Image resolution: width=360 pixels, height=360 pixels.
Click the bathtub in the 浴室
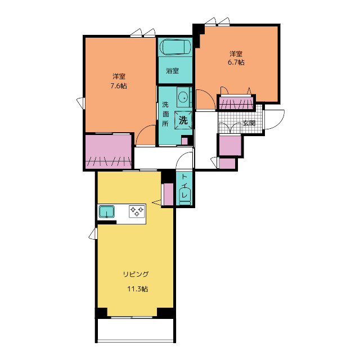tap(176, 47)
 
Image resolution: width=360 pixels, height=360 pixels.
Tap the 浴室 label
tap(173, 70)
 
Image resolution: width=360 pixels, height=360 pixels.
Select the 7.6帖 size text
tap(119, 86)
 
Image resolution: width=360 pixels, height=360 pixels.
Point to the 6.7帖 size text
tap(236, 62)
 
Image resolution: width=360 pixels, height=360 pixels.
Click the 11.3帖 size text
tap(137, 289)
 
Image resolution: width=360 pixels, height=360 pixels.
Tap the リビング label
tap(136, 274)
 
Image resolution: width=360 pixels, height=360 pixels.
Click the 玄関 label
tap(249, 123)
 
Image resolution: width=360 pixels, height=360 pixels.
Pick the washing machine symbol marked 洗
tap(183, 120)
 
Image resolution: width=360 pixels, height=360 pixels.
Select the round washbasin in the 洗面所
tap(183, 97)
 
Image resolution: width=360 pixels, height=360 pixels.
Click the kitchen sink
tap(107, 211)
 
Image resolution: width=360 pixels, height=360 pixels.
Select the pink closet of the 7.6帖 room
tap(109, 151)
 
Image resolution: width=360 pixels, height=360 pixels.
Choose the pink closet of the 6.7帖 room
tap(236, 103)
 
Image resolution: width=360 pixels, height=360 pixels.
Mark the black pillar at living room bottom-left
tap(101, 313)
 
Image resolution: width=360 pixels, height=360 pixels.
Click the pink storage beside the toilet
tap(169, 194)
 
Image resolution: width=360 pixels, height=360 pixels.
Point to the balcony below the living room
tap(136, 330)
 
